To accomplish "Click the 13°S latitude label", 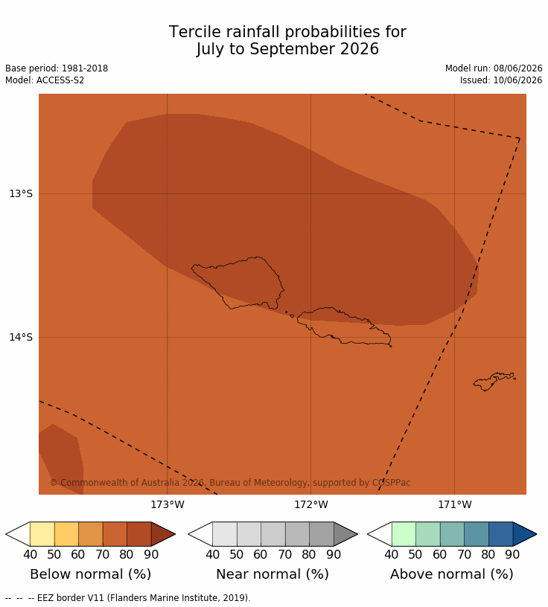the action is pyautogui.click(x=21, y=193).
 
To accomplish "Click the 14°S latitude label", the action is pyautogui.click(x=21, y=337).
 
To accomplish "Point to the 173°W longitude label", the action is pyautogui.click(x=168, y=504).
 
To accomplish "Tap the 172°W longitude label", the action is pyautogui.click(x=310, y=504).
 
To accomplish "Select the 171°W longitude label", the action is pyautogui.click(x=455, y=504).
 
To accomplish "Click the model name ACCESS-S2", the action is pyautogui.click(x=60, y=80).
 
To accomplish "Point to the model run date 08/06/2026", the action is pyautogui.click(x=517, y=68).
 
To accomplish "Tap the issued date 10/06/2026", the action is pyautogui.click(x=517, y=80).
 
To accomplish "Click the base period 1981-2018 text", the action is pyautogui.click(x=85, y=68).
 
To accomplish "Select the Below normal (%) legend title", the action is pyautogui.click(x=91, y=574).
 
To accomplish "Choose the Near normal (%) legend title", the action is pyautogui.click(x=273, y=574).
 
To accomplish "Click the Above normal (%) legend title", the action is pyautogui.click(x=452, y=574).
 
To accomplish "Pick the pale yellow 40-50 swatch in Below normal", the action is pyautogui.click(x=42, y=534).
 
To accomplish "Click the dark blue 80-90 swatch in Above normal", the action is pyautogui.click(x=500, y=534).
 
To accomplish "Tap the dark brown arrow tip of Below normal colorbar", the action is pyautogui.click(x=175, y=534).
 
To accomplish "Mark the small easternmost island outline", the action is pyautogui.click(x=494, y=382).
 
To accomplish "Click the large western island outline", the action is pyautogui.click(x=238, y=283).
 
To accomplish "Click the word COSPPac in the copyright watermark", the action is pyautogui.click(x=391, y=483).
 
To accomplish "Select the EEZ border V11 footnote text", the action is pyautogui.click(x=144, y=598).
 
